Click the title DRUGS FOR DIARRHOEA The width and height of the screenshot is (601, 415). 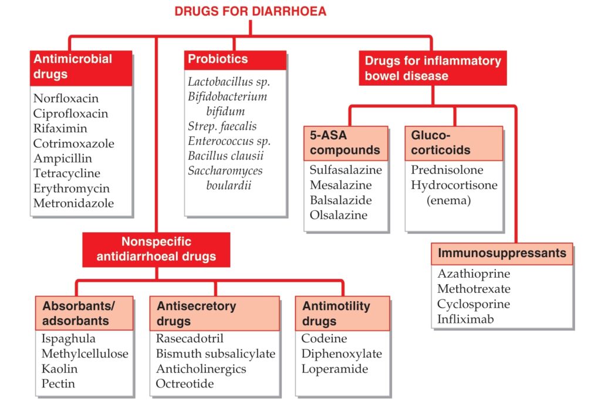point(250,11)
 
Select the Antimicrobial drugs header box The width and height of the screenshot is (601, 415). point(81,68)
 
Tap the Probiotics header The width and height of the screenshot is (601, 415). point(235,60)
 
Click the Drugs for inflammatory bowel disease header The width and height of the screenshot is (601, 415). point(433,68)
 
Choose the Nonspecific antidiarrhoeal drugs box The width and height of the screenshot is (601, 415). point(156,249)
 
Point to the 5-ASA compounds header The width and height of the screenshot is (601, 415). point(346,143)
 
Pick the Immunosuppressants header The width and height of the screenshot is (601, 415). point(502,254)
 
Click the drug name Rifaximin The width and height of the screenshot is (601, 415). point(60,128)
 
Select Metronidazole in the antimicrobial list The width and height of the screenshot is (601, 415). point(73,203)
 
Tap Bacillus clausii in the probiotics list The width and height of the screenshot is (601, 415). point(226,156)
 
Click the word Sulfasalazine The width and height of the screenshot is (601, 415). point(346,170)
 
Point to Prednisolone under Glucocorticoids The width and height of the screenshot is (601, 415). point(447,170)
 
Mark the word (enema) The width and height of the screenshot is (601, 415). point(448,200)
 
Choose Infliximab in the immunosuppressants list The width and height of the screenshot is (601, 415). point(465,319)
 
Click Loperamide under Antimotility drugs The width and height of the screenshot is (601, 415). point(335,369)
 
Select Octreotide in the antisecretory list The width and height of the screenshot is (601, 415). point(185,383)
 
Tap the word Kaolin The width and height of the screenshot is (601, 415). point(59,369)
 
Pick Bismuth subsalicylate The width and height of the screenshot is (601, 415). point(215,354)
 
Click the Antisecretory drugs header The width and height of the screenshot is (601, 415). point(215,313)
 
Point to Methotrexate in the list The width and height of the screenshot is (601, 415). point(474,289)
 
